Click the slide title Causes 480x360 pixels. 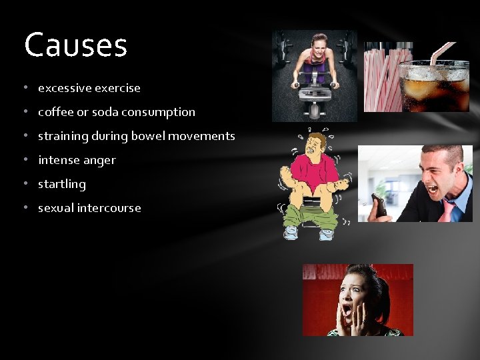75,45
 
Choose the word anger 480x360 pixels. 100,161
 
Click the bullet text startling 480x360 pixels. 62,184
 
